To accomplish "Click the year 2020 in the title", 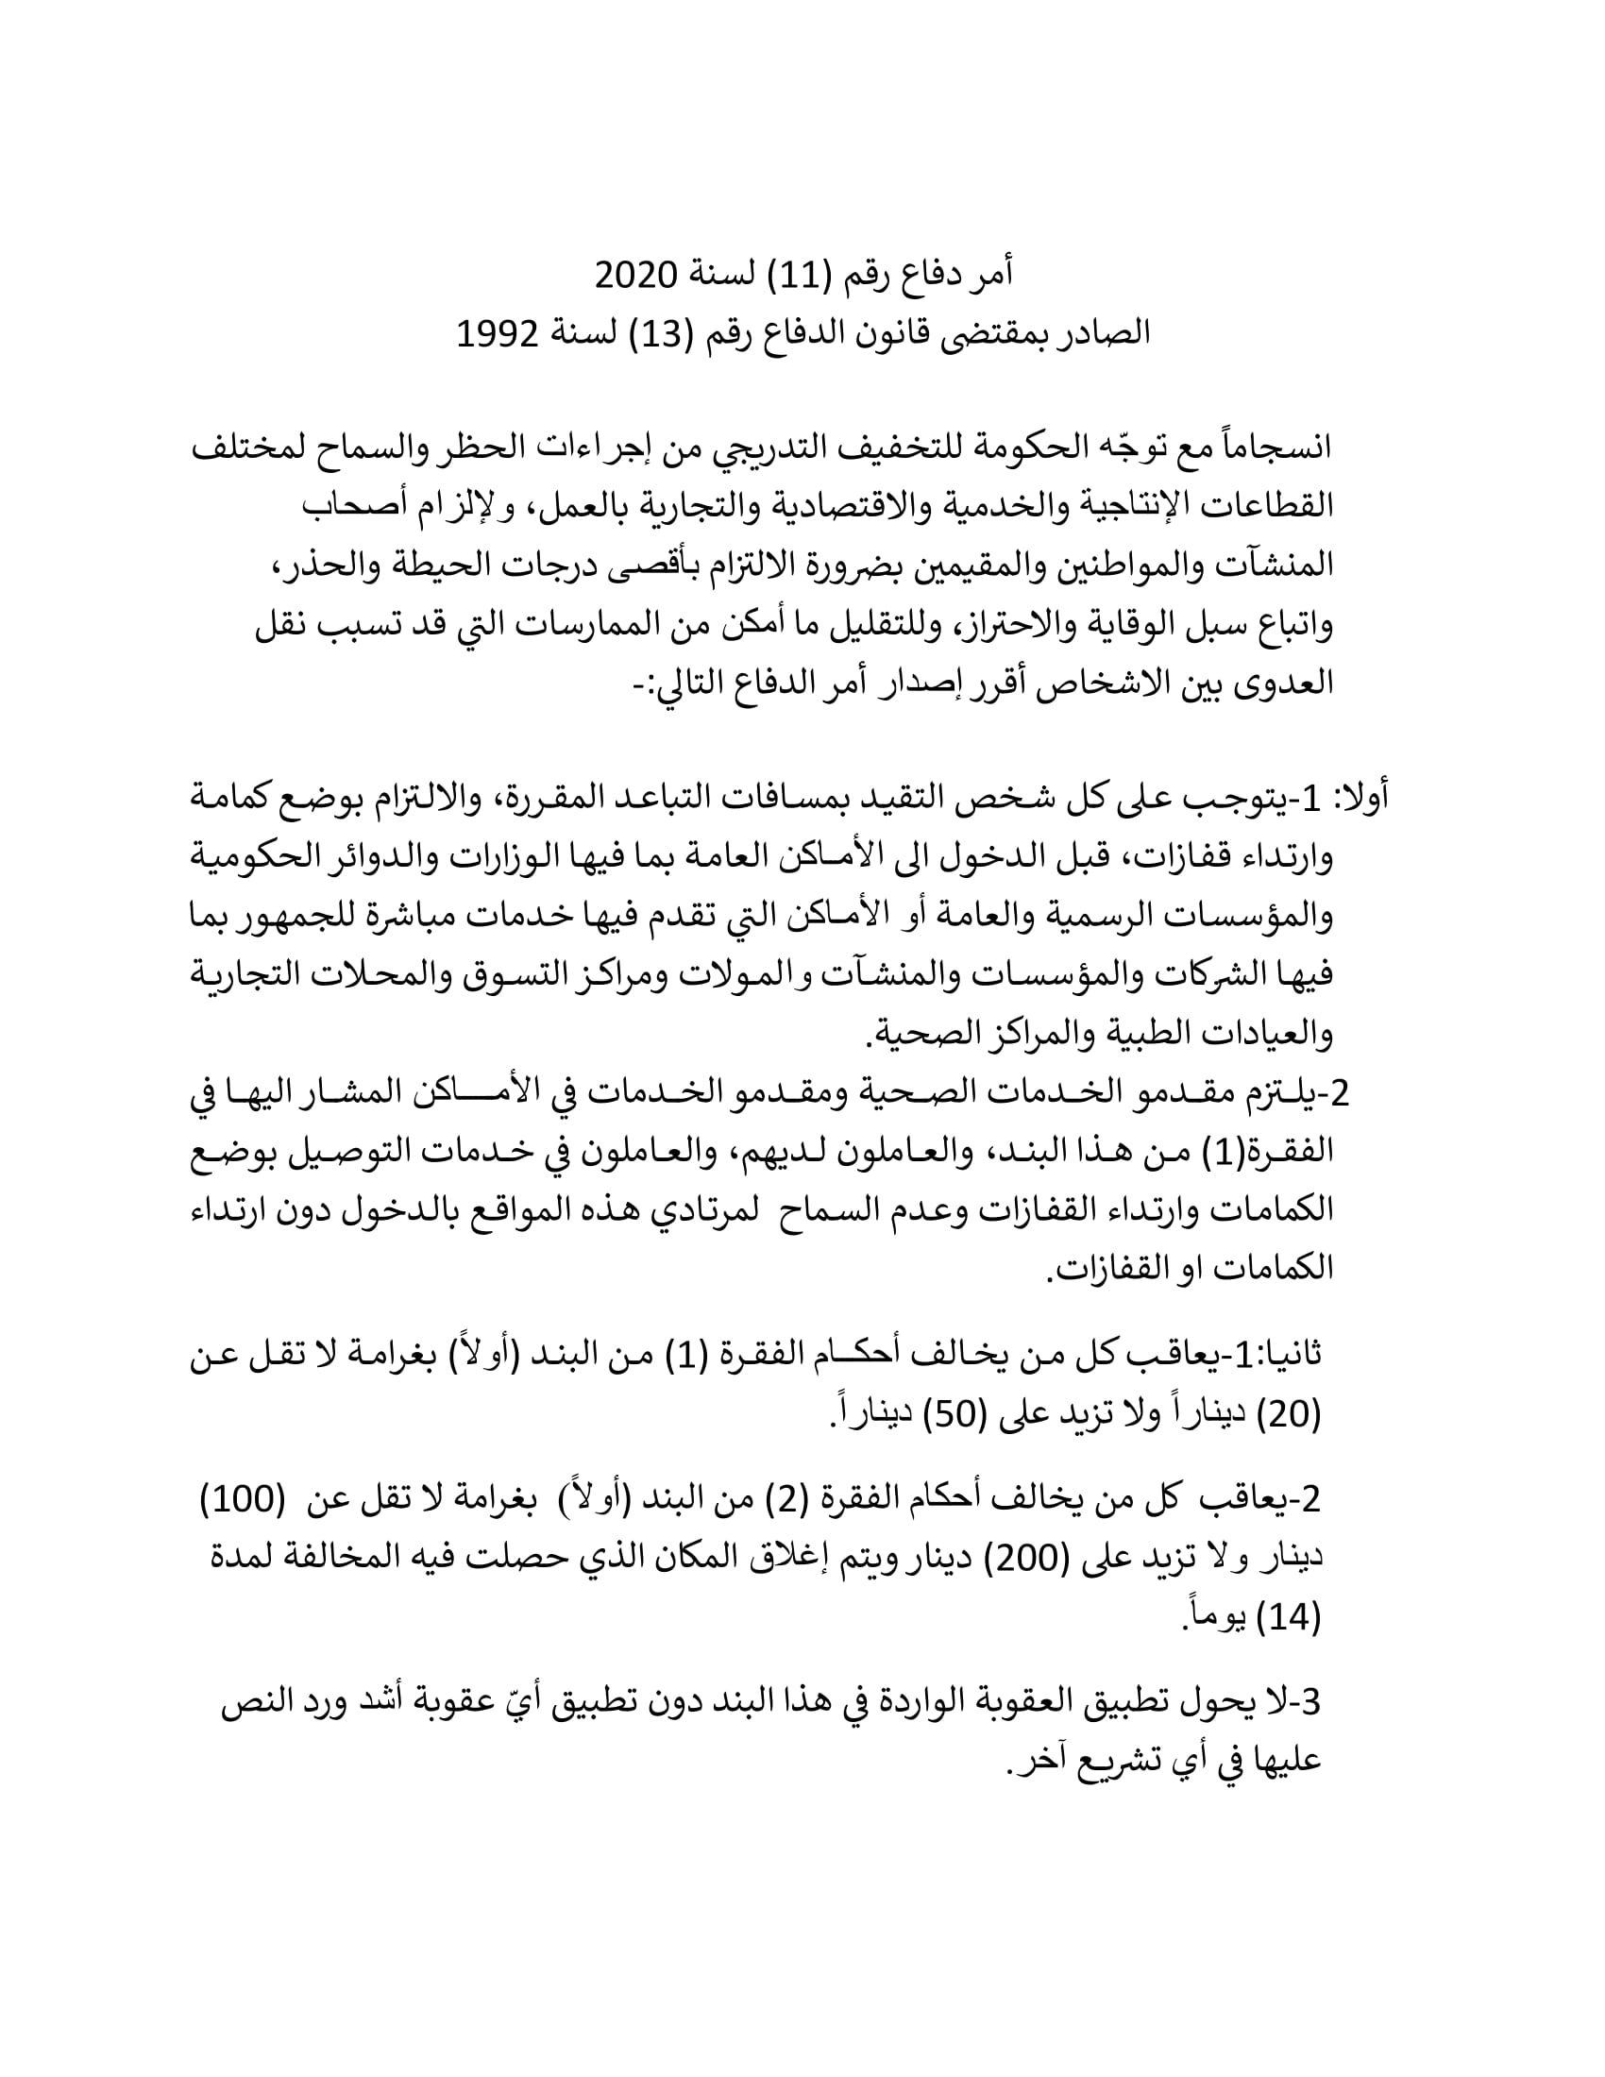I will click(x=636, y=276).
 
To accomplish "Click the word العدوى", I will click(x=1284, y=684).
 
